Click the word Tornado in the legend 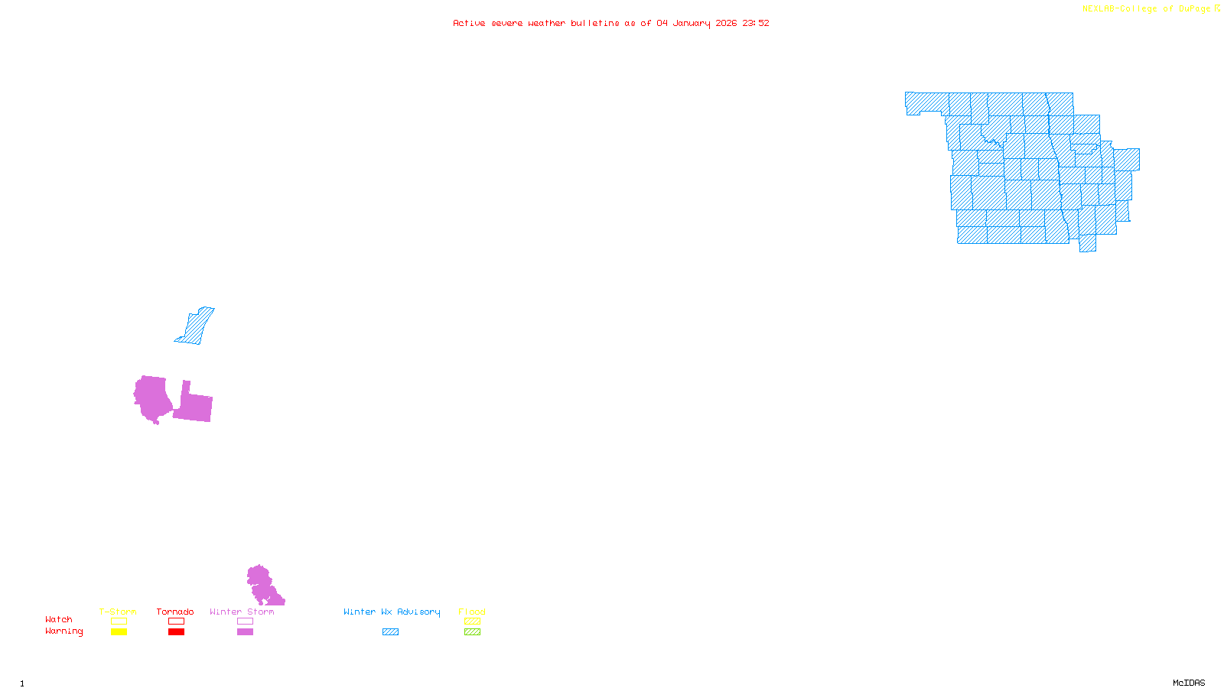tap(175, 612)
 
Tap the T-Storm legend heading tap(118, 612)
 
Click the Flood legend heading tap(472, 612)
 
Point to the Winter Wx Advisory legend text tap(392, 612)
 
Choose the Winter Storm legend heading tap(242, 612)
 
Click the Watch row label tap(59, 619)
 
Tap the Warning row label tap(64, 631)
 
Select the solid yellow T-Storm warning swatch tap(119, 632)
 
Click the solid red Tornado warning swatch tap(176, 632)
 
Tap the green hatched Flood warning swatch tap(473, 632)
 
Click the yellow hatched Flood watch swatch tap(473, 621)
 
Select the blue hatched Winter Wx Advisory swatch tap(390, 632)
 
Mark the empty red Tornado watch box tap(176, 621)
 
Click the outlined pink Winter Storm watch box tap(245, 621)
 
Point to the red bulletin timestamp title tap(610, 23)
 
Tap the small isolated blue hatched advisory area tap(196, 326)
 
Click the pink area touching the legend tap(262, 586)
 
